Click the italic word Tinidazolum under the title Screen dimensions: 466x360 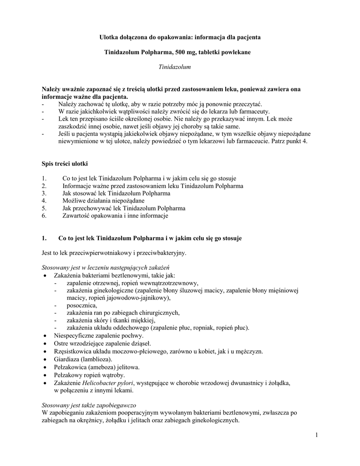(174, 67)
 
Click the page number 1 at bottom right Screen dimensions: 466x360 (315, 436)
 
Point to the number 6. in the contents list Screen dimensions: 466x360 (44, 216)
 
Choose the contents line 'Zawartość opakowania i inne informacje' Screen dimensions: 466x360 (115, 216)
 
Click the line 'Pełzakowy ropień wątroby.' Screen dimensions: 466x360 (89, 375)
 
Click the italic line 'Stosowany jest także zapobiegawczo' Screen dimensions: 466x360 (89, 405)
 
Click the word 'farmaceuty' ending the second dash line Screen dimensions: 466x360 (254, 112)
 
